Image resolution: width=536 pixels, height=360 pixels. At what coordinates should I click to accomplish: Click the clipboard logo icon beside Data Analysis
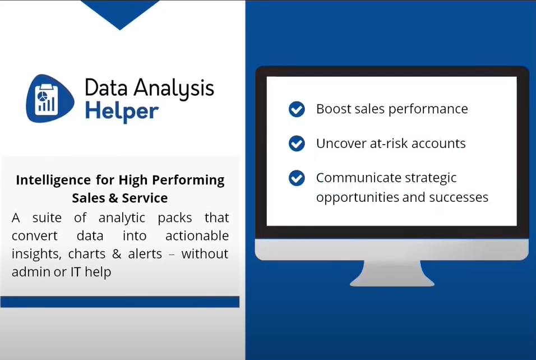point(49,99)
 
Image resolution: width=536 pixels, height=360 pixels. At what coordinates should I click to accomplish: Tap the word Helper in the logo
point(121,111)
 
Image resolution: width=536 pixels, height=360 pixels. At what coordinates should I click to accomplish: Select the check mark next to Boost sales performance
point(297,109)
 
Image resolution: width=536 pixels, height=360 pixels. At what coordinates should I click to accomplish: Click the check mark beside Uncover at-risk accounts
point(297,144)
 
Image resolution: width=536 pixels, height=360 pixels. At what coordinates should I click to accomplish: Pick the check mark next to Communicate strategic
point(297,178)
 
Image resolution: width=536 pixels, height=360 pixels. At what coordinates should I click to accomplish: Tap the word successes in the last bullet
point(459,197)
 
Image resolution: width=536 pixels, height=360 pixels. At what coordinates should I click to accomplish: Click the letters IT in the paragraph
point(75,272)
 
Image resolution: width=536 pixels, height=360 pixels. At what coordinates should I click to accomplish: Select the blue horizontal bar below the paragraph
point(119,302)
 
